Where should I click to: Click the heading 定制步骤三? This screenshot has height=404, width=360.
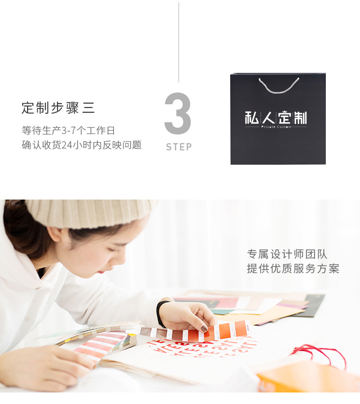click(58, 108)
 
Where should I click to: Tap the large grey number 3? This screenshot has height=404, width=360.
click(177, 114)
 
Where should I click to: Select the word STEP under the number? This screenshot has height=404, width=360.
click(179, 147)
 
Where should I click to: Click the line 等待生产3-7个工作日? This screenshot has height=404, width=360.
click(68, 131)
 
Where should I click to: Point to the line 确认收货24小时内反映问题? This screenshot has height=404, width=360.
click(82, 145)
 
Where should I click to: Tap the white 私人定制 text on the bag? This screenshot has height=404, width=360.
click(276, 118)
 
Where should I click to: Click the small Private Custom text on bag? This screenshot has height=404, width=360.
click(276, 127)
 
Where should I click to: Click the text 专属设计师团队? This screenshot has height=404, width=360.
click(287, 254)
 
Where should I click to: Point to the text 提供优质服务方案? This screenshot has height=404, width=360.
click(293, 269)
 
